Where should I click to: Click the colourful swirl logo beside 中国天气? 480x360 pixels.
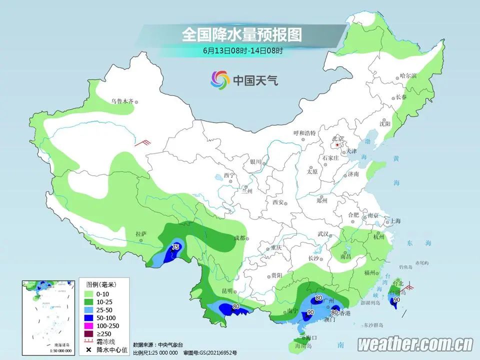[219, 79]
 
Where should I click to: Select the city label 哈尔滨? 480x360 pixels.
[408, 76]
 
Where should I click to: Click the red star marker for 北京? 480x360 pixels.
[338, 145]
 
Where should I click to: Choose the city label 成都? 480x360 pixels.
[239, 237]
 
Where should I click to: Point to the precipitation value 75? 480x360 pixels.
[175, 247]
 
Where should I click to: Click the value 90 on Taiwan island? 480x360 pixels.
[396, 300]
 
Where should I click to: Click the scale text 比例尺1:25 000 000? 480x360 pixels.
[155, 352]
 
